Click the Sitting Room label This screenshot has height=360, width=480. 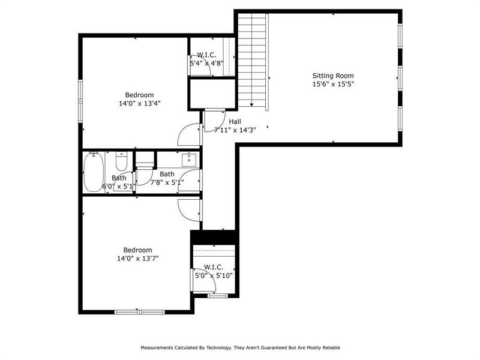point(332,76)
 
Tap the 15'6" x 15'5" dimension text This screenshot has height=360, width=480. point(332,85)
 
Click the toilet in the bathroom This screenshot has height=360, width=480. point(121,162)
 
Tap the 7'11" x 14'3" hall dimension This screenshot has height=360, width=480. point(230,130)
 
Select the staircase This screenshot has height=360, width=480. point(251,60)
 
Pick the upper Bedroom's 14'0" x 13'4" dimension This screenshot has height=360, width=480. point(139,103)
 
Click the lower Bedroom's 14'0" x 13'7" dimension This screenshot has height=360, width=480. point(138,259)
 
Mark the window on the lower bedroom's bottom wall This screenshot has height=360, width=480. point(139,312)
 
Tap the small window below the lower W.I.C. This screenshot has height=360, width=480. point(217,295)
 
